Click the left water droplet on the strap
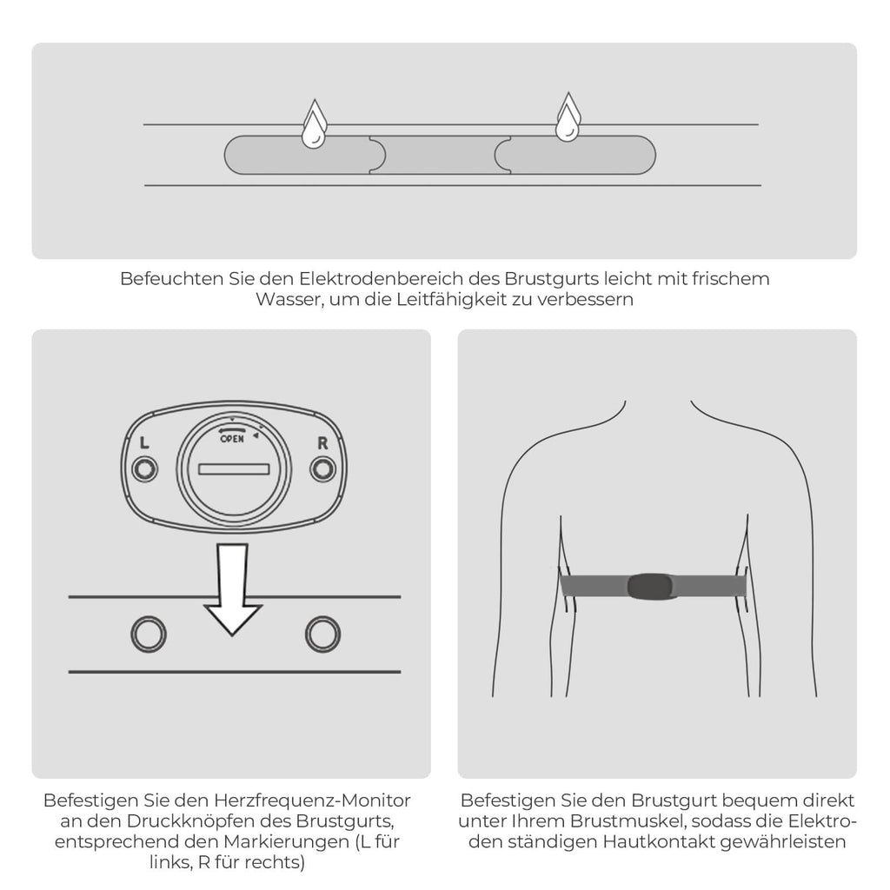(x=314, y=125)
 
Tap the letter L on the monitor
(x=144, y=442)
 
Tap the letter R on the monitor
(x=322, y=442)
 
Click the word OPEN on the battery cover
(x=231, y=439)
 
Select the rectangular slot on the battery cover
(x=234, y=468)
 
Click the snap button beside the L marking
(x=145, y=469)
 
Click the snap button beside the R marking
(x=323, y=469)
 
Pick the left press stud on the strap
(x=149, y=634)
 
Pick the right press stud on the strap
(x=323, y=634)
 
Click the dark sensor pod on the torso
(x=652, y=587)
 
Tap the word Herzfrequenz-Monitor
(x=312, y=800)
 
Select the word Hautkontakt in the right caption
(x=659, y=841)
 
